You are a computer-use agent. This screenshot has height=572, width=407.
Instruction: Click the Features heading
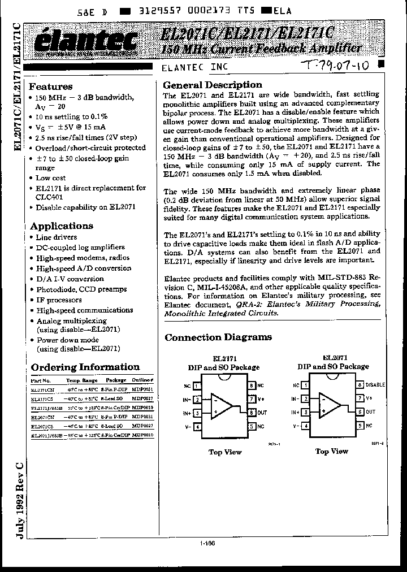(x=50, y=86)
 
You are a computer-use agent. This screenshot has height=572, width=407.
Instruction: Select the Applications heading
(x=61, y=226)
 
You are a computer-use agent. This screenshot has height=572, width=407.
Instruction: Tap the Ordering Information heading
(x=85, y=367)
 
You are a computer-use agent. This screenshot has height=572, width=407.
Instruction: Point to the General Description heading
(x=212, y=85)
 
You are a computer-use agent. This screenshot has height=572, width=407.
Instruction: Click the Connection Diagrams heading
(x=218, y=337)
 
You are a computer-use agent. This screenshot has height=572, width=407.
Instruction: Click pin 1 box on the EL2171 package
(x=197, y=386)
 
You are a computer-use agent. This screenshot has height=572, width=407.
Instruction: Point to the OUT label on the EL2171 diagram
(x=261, y=413)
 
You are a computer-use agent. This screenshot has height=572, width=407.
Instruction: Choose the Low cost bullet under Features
(x=51, y=178)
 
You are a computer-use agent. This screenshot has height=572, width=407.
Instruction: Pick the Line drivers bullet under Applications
(x=57, y=237)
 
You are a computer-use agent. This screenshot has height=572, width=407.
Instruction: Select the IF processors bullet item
(x=59, y=300)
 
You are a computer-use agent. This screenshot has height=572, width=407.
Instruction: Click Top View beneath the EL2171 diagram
(x=225, y=452)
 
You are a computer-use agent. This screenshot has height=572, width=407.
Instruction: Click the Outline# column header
(x=143, y=380)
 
